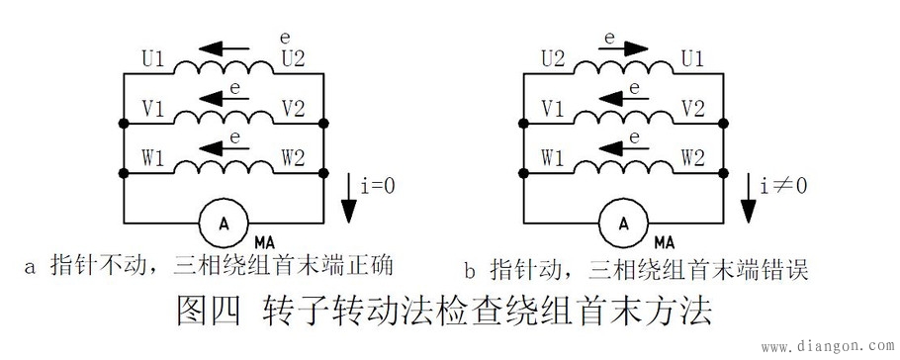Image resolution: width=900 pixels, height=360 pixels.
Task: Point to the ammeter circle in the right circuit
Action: (x=623, y=223)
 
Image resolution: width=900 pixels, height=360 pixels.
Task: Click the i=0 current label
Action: (x=382, y=185)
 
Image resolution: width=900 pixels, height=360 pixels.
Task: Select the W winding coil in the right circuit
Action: (x=624, y=169)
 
